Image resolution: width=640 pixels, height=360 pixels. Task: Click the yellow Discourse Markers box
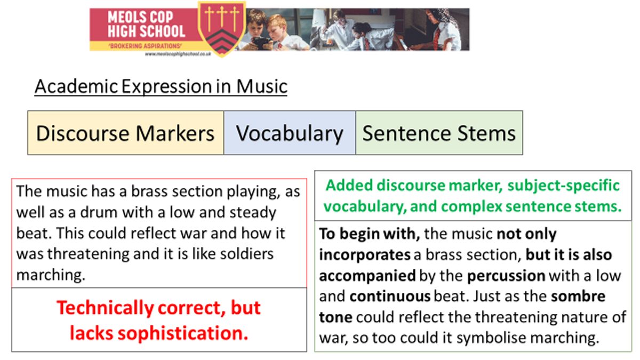(126, 133)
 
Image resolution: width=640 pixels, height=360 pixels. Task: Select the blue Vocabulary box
(290, 133)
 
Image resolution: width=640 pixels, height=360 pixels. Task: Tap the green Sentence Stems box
(439, 133)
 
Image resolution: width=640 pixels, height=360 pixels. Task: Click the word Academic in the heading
(76, 86)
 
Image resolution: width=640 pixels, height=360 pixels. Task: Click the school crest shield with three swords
(222, 29)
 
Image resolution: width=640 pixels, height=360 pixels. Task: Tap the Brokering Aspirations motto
(145, 46)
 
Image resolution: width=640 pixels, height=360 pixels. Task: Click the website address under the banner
(178, 54)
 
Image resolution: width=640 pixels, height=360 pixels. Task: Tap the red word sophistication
(183, 334)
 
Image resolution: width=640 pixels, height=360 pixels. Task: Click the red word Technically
(106, 309)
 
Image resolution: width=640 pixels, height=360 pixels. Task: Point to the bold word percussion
(506, 276)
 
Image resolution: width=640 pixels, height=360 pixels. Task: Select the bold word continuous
(390, 297)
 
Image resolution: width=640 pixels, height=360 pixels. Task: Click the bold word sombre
(578, 297)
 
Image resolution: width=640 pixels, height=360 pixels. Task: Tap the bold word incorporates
(365, 255)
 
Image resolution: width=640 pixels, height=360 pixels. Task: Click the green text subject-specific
(563, 186)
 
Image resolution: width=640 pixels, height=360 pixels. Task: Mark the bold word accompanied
(367, 276)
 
